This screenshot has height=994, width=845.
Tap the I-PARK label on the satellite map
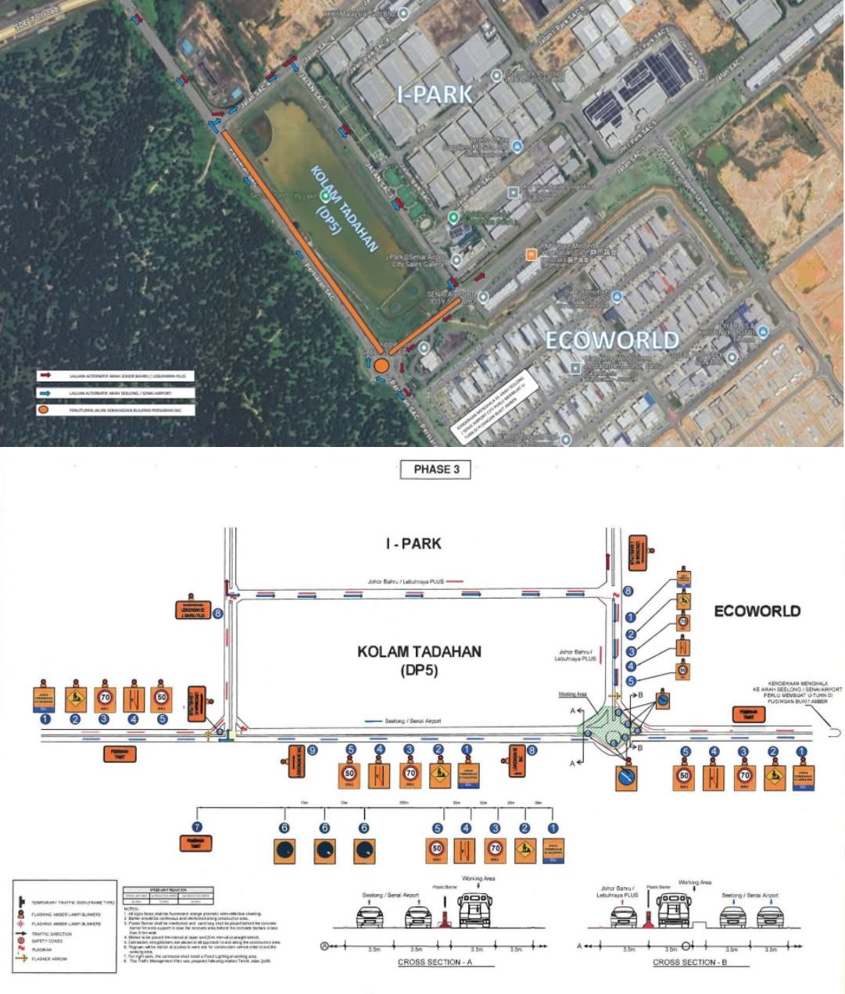pyautogui.click(x=435, y=95)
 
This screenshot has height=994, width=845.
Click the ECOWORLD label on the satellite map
pyautogui.click(x=611, y=340)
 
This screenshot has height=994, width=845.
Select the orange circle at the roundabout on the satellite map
pyautogui.click(x=381, y=366)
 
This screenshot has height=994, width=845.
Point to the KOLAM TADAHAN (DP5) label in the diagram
pyautogui.click(x=419, y=660)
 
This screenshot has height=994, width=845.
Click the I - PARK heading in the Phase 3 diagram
pyautogui.click(x=413, y=543)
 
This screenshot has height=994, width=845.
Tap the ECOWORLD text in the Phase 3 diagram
pyautogui.click(x=757, y=611)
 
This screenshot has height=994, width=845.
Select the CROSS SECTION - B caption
pyautogui.click(x=689, y=962)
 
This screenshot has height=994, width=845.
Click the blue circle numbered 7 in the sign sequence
pyautogui.click(x=197, y=828)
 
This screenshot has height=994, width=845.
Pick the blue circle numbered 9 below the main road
pyautogui.click(x=312, y=750)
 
